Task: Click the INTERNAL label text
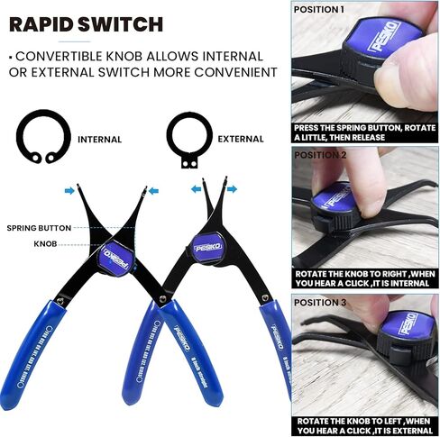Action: click(99, 140)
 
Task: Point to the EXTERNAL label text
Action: click(242, 140)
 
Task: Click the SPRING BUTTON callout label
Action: click(41, 228)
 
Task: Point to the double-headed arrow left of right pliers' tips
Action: click(196, 190)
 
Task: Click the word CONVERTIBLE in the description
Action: click(55, 56)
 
